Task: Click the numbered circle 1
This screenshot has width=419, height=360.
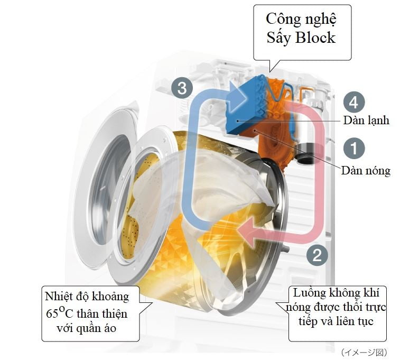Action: (x=353, y=149)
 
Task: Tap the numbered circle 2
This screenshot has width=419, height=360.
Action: (x=316, y=256)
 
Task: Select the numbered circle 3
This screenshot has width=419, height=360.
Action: (x=182, y=88)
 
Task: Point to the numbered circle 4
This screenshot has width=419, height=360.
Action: (x=353, y=102)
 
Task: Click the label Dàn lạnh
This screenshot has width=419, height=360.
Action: (x=365, y=121)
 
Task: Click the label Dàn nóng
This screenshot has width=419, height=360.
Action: (x=365, y=170)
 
